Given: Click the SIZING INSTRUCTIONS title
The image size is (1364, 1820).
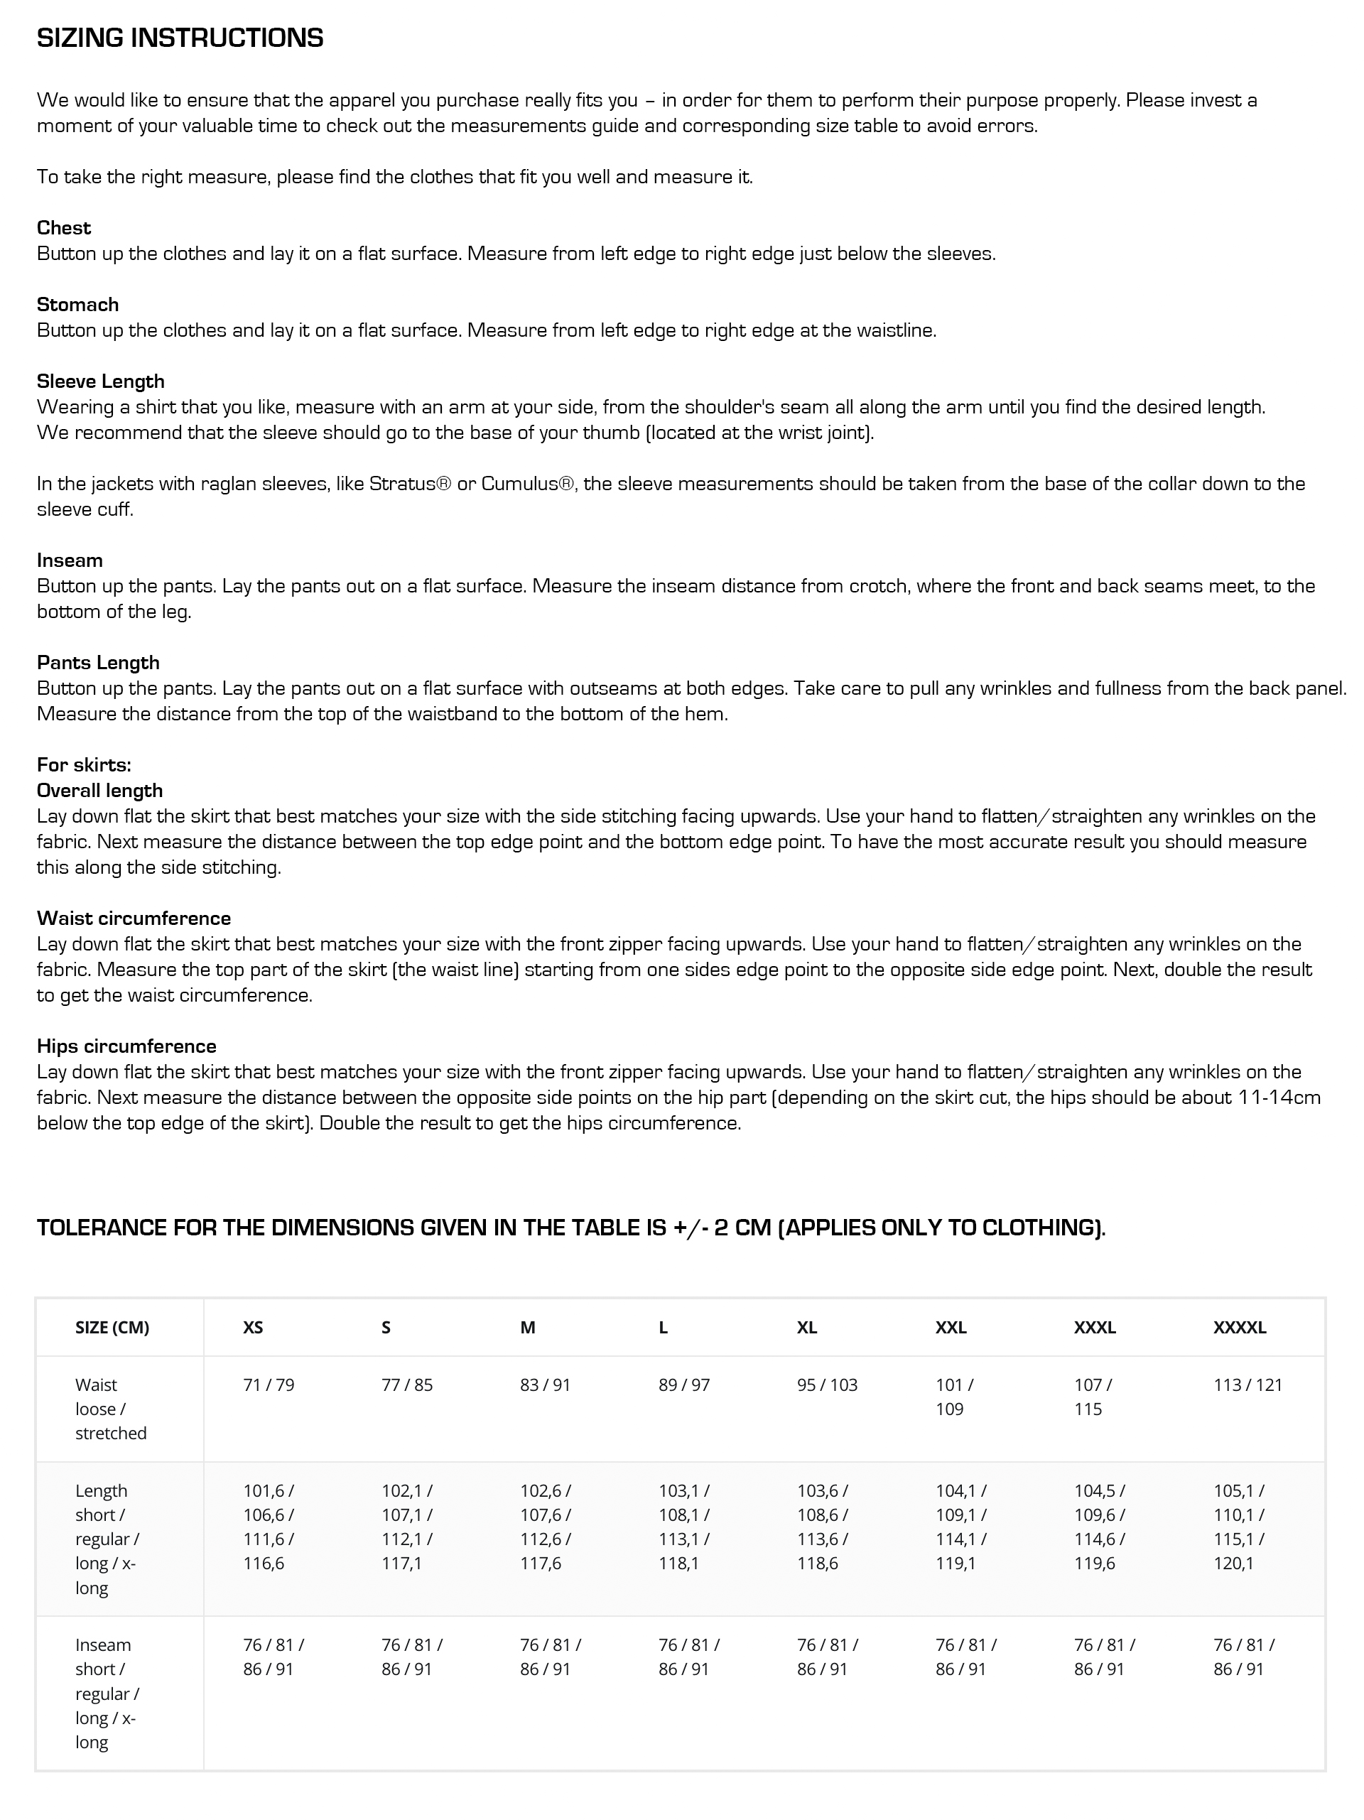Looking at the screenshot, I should tap(180, 38).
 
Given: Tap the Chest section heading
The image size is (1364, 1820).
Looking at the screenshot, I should tap(63, 228).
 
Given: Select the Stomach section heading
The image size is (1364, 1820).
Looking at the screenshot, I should tap(77, 305).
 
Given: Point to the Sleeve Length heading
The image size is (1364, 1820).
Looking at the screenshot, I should tap(100, 381).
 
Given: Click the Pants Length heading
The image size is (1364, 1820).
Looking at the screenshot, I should tap(98, 662).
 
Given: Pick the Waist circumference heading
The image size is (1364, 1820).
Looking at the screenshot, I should tap(134, 919).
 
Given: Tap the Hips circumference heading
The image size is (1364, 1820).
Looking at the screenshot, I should tap(126, 1046).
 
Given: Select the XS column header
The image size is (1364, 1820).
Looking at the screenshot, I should tap(253, 1327).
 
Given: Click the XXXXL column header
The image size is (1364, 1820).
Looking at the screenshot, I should tap(1239, 1327).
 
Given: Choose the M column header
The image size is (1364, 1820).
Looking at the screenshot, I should tap(527, 1327).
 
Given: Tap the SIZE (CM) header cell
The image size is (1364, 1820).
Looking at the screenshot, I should tap(112, 1327).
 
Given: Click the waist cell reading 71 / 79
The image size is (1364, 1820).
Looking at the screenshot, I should tap(269, 1385).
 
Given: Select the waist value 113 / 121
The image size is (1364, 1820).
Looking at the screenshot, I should tap(1247, 1385).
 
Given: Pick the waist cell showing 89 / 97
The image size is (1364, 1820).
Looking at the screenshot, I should tap(683, 1385).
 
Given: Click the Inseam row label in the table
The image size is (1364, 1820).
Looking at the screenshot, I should tap(103, 1645).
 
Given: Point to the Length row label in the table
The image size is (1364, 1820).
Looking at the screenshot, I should tap(101, 1491).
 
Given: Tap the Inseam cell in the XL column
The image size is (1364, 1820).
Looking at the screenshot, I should tap(827, 1657).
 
